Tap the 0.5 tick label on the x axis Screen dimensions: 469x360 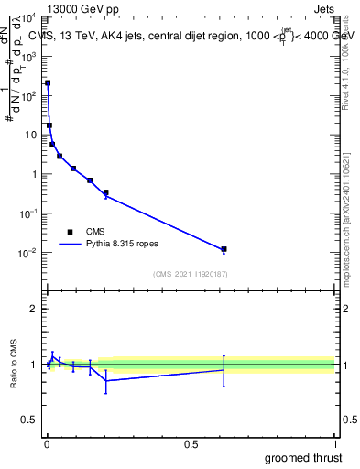(191, 443)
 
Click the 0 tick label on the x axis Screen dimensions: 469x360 (47, 443)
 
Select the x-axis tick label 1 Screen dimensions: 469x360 (335, 443)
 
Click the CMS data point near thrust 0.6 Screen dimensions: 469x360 (224, 249)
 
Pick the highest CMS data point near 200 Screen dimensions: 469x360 (48, 83)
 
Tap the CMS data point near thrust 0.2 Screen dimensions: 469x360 (106, 192)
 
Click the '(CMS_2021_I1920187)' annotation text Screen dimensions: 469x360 (191, 274)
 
